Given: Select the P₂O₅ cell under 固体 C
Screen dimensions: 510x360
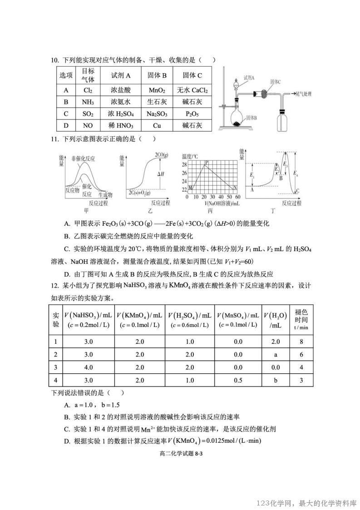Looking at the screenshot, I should pos(192,114).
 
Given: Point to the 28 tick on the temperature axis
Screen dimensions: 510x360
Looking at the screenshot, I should pos(184,164).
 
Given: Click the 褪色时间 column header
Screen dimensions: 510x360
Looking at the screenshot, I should pos(301,319).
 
